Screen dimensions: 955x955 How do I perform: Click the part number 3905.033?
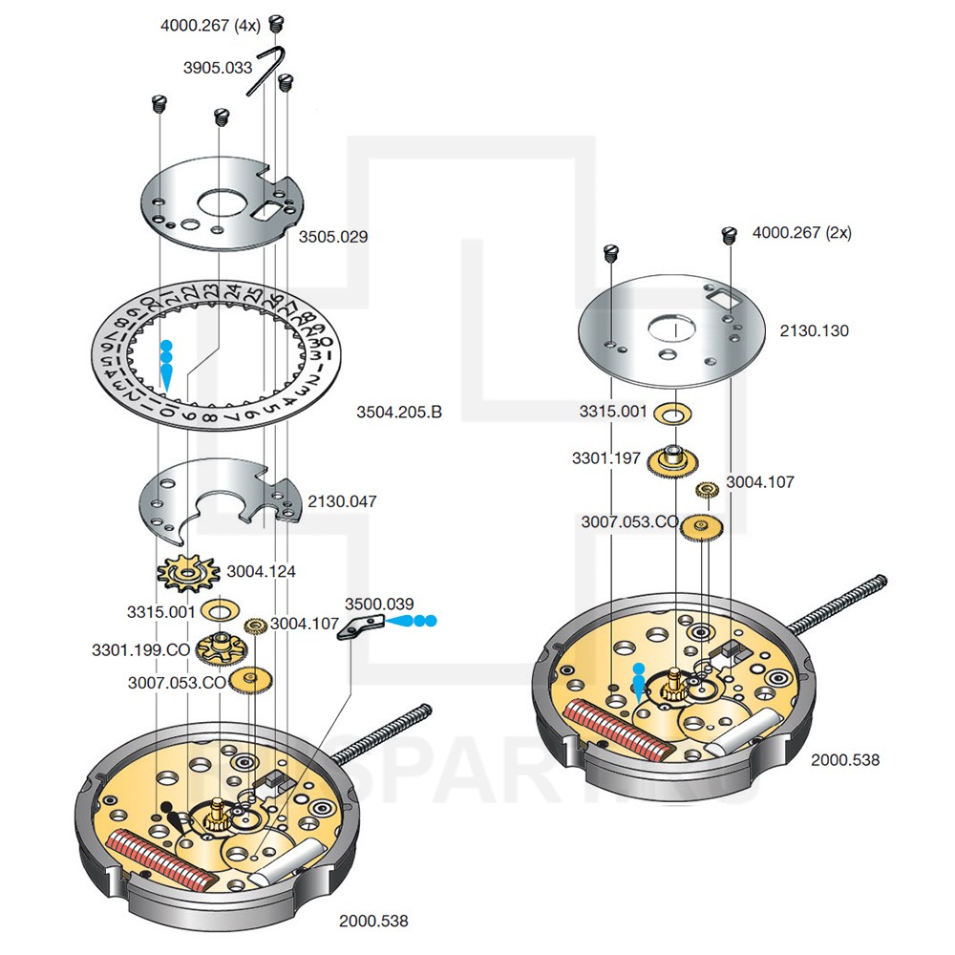tap(218, 68)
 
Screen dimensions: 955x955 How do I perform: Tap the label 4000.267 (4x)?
tap(210, 26)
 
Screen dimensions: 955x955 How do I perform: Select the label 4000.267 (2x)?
tap(802, 232)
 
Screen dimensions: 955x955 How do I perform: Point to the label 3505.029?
tap(333, 237)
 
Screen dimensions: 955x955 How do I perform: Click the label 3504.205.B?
tap(399, 413)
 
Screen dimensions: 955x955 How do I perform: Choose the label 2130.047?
tap(342, 500)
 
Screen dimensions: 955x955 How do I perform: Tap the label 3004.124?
tap(261, 571)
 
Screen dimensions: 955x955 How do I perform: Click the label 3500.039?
tap(379, 603)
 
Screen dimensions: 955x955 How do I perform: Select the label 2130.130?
tap(814, 330)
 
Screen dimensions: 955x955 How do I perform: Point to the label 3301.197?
tap(606, 458)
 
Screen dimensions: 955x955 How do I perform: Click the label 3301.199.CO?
tap(141, 649)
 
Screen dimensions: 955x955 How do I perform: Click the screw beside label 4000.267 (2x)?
tap(732, 232)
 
